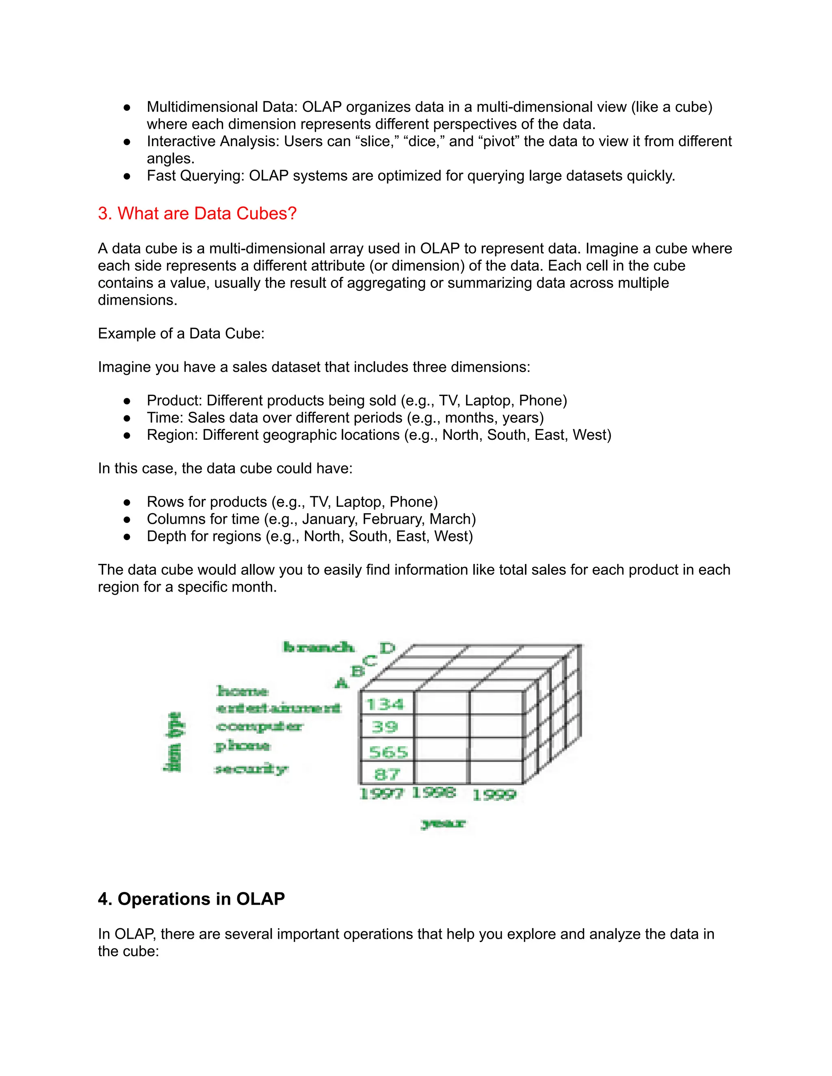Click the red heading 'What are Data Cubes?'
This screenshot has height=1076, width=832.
(197, 213)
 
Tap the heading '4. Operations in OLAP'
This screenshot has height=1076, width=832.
(191, 899)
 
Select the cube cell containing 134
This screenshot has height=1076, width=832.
(386, 704)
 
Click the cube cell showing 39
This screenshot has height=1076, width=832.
(385, 727)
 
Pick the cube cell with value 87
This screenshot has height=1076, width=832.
(387, 774)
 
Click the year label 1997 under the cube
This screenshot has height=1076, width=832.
(381, 794)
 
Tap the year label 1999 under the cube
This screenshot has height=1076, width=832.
(494, 795)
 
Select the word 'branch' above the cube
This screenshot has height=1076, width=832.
(318, 647)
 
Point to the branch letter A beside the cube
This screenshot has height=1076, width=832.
(341, 683)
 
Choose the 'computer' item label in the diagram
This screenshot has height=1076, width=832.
(260, 727)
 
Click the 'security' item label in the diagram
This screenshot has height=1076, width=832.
(251, 769)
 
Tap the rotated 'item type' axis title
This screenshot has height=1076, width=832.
(173, 742)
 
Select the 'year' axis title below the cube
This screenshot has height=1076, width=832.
(443, 823)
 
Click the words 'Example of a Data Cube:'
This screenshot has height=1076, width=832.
(181, 333)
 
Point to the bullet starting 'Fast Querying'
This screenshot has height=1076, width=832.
(411, 175)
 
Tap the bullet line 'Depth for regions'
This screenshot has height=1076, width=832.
(310, 536)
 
